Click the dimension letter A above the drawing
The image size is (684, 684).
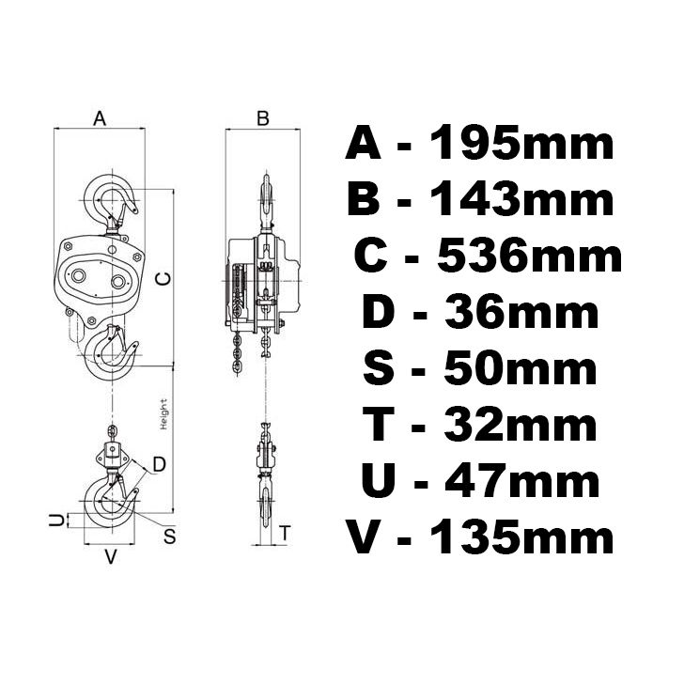point(101,118)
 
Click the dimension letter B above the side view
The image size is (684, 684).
point(263,118)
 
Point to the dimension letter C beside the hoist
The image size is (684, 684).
point(161,278)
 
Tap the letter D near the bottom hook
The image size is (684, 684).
point(159,463)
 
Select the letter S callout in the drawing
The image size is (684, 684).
point(170,536)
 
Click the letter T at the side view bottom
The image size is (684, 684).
point(285,532)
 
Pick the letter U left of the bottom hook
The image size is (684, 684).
point(56,520)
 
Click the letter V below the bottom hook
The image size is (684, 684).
point(110,557)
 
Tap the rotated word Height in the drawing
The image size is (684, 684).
point(163,414)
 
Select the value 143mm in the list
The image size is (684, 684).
point(521,199)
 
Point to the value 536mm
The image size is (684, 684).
point(528,256)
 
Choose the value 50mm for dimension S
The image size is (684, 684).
point(514,368)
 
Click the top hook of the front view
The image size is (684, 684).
point(111,199)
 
